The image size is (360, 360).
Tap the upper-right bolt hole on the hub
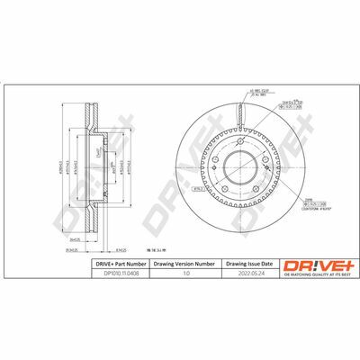click(261, 161)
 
